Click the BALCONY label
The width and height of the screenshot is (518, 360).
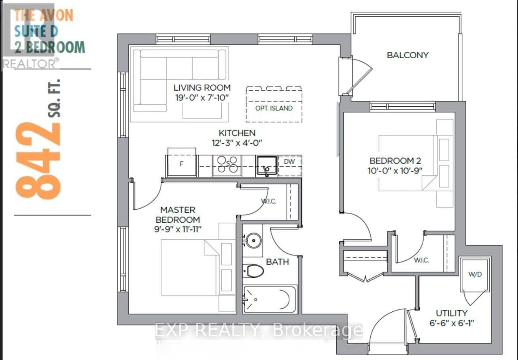(x=408, y=55)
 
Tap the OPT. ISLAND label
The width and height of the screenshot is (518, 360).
(x=274, y=108)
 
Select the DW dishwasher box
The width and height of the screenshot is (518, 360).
(x=290, y=166)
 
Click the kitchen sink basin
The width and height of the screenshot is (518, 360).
(x=267, y=165)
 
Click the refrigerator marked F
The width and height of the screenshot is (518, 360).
(x=182, y=163)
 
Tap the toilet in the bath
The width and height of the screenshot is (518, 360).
(x=253, y=271)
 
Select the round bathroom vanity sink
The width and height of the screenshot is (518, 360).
(x=253, y=240)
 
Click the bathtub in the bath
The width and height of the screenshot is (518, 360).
(x=270, y=299)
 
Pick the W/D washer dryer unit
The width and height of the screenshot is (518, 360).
(x=475, y=275)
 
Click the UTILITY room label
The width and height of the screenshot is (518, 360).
(x=451, y=313)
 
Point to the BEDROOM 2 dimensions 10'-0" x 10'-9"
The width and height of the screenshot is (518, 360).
(x=395, y=171)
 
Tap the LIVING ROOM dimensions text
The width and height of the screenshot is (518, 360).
(x=202, y=98)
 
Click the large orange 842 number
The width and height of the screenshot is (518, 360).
(x=38, y=161)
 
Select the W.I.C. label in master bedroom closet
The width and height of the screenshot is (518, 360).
(x=268, y=201)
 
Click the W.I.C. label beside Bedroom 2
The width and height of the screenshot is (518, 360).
(x=421, y=260)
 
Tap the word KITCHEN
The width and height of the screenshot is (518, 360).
(x=237, y=133)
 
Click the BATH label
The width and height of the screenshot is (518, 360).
(x=277, y=262)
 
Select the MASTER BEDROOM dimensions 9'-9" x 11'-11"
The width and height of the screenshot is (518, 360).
(x=178, y=229)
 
